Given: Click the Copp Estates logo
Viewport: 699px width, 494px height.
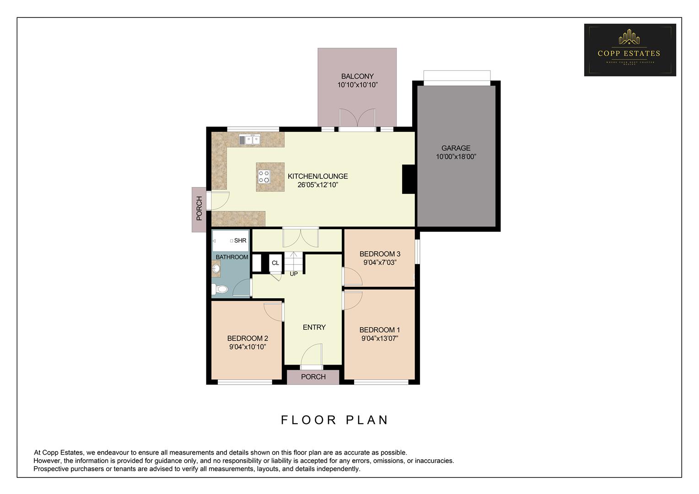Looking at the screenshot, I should [629, 50].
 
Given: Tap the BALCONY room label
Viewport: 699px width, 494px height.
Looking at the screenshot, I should [357, 76].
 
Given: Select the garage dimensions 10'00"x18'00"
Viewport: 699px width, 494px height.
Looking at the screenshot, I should [456, 157].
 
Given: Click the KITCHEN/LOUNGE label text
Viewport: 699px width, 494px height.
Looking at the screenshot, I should [317, 176].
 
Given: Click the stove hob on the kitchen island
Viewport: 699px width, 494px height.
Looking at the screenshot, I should [264, 177].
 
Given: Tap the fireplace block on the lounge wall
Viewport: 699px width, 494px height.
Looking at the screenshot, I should [408, 179].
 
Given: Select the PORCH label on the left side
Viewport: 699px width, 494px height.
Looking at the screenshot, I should [199, 209].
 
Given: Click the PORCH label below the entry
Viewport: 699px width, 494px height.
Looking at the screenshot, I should [313, 377].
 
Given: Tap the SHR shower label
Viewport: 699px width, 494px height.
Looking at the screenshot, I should [240, 241].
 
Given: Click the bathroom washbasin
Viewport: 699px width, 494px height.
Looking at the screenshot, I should [216, 268].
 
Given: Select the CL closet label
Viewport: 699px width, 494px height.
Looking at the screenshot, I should [275, 263].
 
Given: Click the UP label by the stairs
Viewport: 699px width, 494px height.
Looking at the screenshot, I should [294, 274].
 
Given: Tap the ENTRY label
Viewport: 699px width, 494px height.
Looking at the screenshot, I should [314, 328].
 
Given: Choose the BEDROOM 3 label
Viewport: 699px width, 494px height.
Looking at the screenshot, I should [380, 254].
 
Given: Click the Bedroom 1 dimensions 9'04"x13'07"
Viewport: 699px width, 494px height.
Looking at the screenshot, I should [380, 339].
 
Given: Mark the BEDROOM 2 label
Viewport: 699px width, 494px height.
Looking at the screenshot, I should [247, 338].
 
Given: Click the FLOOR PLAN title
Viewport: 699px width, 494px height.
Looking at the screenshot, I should [334, 420].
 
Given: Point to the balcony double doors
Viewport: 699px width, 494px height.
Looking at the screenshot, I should [357, 120].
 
